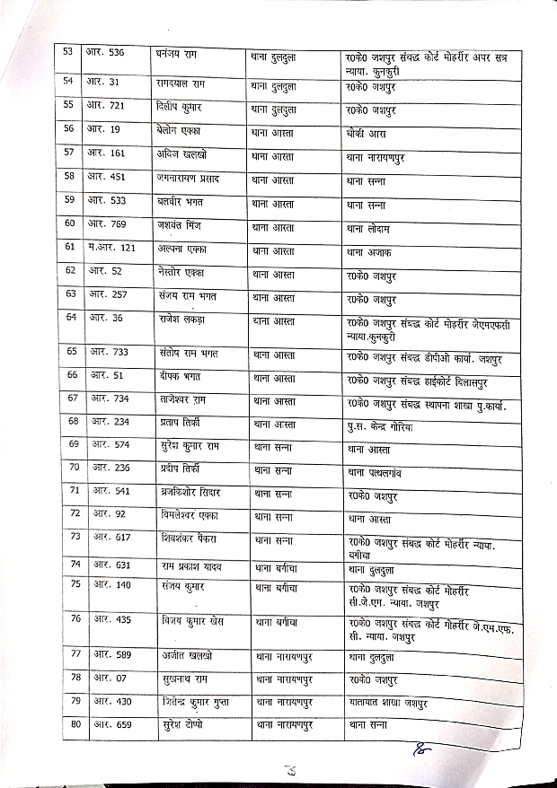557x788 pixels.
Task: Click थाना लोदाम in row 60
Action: click(x=374, y=228)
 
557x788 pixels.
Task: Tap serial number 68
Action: click(x=74, y=422)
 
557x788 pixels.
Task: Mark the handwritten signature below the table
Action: click(x=420, y=749)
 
